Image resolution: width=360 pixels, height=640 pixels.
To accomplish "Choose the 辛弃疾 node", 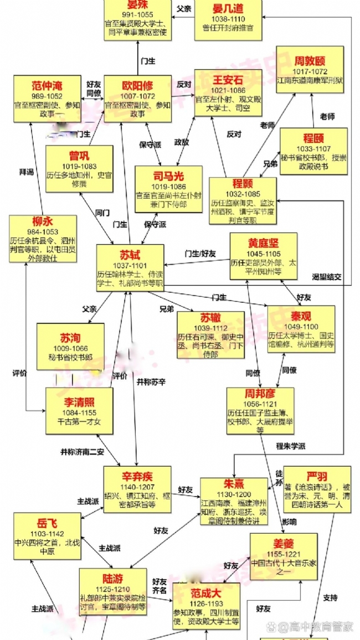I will coord(137,489).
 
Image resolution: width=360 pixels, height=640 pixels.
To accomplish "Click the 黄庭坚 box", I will coord(263,256).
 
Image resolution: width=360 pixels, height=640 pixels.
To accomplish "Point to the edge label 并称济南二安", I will coord(82,451).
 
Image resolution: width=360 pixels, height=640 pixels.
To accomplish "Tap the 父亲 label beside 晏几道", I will coord(183,9).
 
